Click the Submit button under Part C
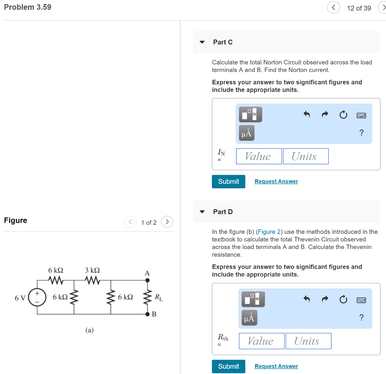[228, 182]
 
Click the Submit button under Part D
[228, 366]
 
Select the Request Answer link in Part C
[276, 182]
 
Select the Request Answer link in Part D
[276, 366]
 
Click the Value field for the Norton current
[259, 156]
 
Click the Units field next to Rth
[308, 341]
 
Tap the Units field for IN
[306, 156]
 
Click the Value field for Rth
[262, 341]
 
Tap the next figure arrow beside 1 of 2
[167, 222]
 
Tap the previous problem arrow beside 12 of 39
[334, 8]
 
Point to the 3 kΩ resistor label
[92, 270]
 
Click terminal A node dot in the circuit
[147, 280]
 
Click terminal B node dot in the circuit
[147, 314]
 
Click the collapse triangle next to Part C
[202, 42]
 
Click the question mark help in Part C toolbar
[361, 133]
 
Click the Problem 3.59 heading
[28, 7]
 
